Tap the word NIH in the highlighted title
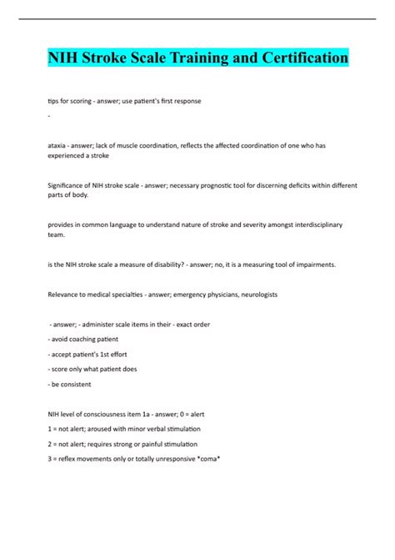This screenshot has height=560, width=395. point(62,59)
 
